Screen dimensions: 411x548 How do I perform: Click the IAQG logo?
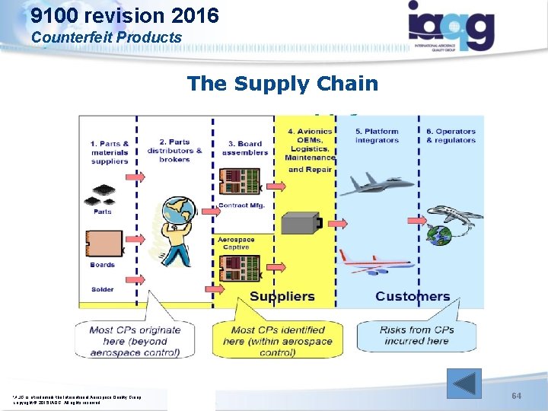[451, 27]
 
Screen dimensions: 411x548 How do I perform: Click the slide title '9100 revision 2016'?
[126, 14]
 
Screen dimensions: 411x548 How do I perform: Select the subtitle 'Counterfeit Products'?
[107, 37]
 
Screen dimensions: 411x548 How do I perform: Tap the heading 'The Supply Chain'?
[282, 83]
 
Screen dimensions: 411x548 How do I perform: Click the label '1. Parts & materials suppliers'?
[110, 151]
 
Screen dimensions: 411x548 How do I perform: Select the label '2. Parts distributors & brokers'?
[180, 150]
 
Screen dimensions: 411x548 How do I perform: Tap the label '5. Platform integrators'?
[377, 135]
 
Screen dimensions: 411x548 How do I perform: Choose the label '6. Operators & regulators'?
[451, 135]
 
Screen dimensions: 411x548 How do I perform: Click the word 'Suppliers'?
[282, 296]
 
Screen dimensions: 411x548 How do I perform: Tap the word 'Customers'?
[413, 296]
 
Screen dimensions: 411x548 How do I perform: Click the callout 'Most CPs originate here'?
[135, 340]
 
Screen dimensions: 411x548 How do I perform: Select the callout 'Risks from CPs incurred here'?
[416, 336]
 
